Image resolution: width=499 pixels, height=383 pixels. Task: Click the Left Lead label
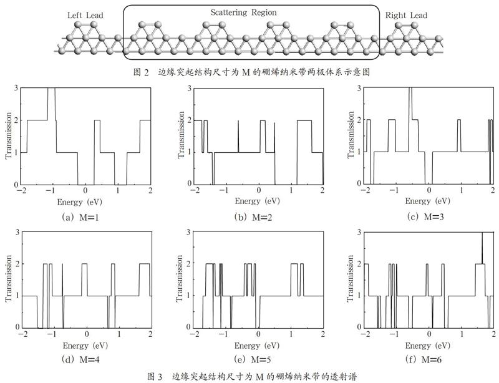85,15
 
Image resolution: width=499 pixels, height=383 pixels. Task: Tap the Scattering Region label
243,12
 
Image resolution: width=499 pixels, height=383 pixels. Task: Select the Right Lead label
406,15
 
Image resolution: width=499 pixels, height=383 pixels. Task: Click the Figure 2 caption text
251,72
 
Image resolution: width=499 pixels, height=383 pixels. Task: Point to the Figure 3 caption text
251,377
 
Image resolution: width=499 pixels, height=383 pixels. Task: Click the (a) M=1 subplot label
80,218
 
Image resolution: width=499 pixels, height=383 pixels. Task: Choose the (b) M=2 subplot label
253,218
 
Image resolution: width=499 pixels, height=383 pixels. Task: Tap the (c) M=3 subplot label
425,217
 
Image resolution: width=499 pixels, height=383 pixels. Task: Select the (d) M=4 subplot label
80,360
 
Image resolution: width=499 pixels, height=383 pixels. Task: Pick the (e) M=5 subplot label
253,360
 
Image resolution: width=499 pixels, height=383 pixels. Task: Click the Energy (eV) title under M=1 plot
80,202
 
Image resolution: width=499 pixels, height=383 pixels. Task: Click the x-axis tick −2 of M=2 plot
193,190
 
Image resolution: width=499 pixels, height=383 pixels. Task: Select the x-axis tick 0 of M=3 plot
429,190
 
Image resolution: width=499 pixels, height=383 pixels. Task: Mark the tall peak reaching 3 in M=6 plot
482,248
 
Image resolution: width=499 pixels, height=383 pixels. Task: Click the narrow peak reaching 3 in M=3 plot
410,104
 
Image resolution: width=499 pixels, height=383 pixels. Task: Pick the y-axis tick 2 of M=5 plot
188,264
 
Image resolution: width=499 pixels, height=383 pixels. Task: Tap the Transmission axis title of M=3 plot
351,135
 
